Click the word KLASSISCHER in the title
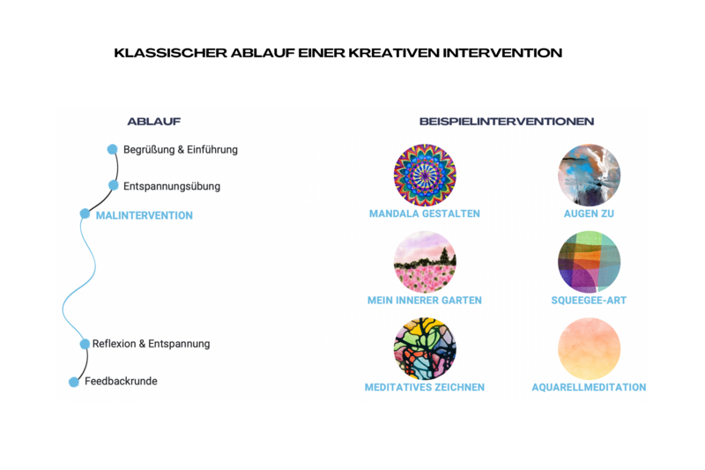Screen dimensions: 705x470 [171, 53]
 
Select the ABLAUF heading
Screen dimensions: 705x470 [153, 122]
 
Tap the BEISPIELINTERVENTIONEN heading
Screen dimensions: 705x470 [507, 122]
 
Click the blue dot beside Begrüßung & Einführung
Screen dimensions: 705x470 [112, 149]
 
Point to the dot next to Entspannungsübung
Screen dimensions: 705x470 [114, 185]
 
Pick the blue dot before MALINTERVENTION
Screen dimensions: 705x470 [85, 213]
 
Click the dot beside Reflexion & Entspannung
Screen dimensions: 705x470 [85, 344]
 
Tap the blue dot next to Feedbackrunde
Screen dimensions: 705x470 [74, 383]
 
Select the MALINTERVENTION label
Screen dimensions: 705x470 [145, 215]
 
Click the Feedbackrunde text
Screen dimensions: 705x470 [121, 381]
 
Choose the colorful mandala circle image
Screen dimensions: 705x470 [425, 175]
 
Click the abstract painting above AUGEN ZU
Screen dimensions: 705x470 [589, 175]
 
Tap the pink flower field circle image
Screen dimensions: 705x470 [425, 262]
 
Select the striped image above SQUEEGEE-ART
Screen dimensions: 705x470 [589, 262]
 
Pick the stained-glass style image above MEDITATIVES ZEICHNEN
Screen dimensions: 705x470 [425, 349]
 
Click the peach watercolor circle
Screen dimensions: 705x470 [589, 349]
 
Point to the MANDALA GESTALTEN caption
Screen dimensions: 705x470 [425, 213]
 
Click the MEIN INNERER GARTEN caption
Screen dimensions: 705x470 [425, 301]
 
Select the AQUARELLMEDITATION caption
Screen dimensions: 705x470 [589, 387]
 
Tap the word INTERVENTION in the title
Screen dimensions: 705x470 [502, 53]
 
